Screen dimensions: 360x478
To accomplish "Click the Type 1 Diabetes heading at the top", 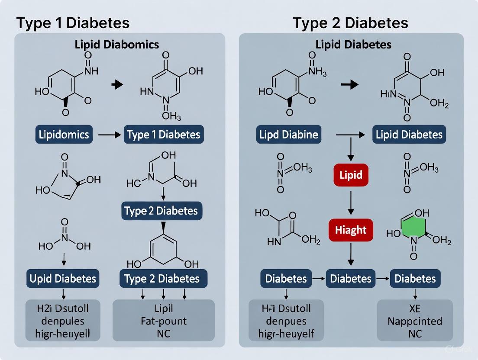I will click(x=73, y=22).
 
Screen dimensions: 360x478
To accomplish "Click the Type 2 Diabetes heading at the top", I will click(x=350, y=22).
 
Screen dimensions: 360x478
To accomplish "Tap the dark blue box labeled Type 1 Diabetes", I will click(x=164, y=135).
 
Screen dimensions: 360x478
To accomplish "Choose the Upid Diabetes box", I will click(x=63, y=278).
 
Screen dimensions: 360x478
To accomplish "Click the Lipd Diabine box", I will click(x=289, y=135).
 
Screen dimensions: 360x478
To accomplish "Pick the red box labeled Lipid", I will click(x=351, y=176).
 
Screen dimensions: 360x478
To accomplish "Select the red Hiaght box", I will click(x=351, y=230).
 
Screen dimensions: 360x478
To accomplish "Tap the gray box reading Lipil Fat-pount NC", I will click(x=163, y=321).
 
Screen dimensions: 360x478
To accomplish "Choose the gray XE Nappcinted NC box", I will click(x=414, y=321).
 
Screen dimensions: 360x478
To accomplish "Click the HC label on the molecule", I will click(x=133, y=183).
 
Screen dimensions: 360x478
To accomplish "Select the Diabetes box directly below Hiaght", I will click(x=351, y=278).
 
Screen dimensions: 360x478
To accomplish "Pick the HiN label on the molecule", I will click(x=388, y=93).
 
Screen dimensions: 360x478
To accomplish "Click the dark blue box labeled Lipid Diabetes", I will click(x=409, y=135).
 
